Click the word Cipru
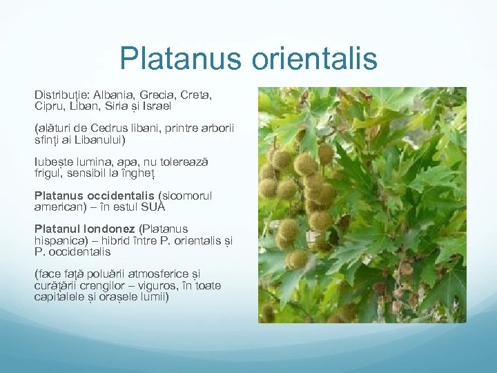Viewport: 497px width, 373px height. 50,106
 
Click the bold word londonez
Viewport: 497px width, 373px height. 110,229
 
